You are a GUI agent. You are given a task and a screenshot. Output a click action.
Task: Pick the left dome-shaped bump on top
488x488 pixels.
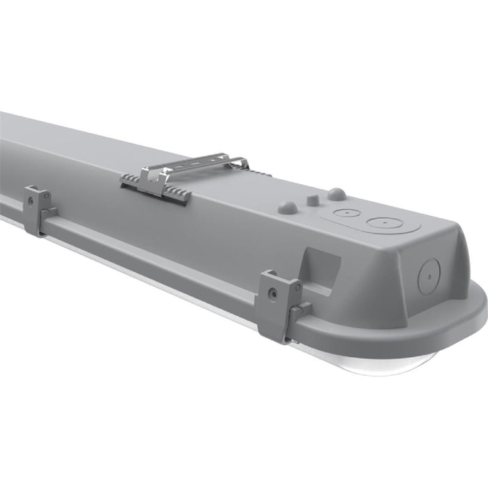[287, 207]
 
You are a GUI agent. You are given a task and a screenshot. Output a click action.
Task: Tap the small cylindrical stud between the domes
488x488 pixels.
[313, 199]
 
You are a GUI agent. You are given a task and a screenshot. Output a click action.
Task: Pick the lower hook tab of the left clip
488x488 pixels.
[48, 213]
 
